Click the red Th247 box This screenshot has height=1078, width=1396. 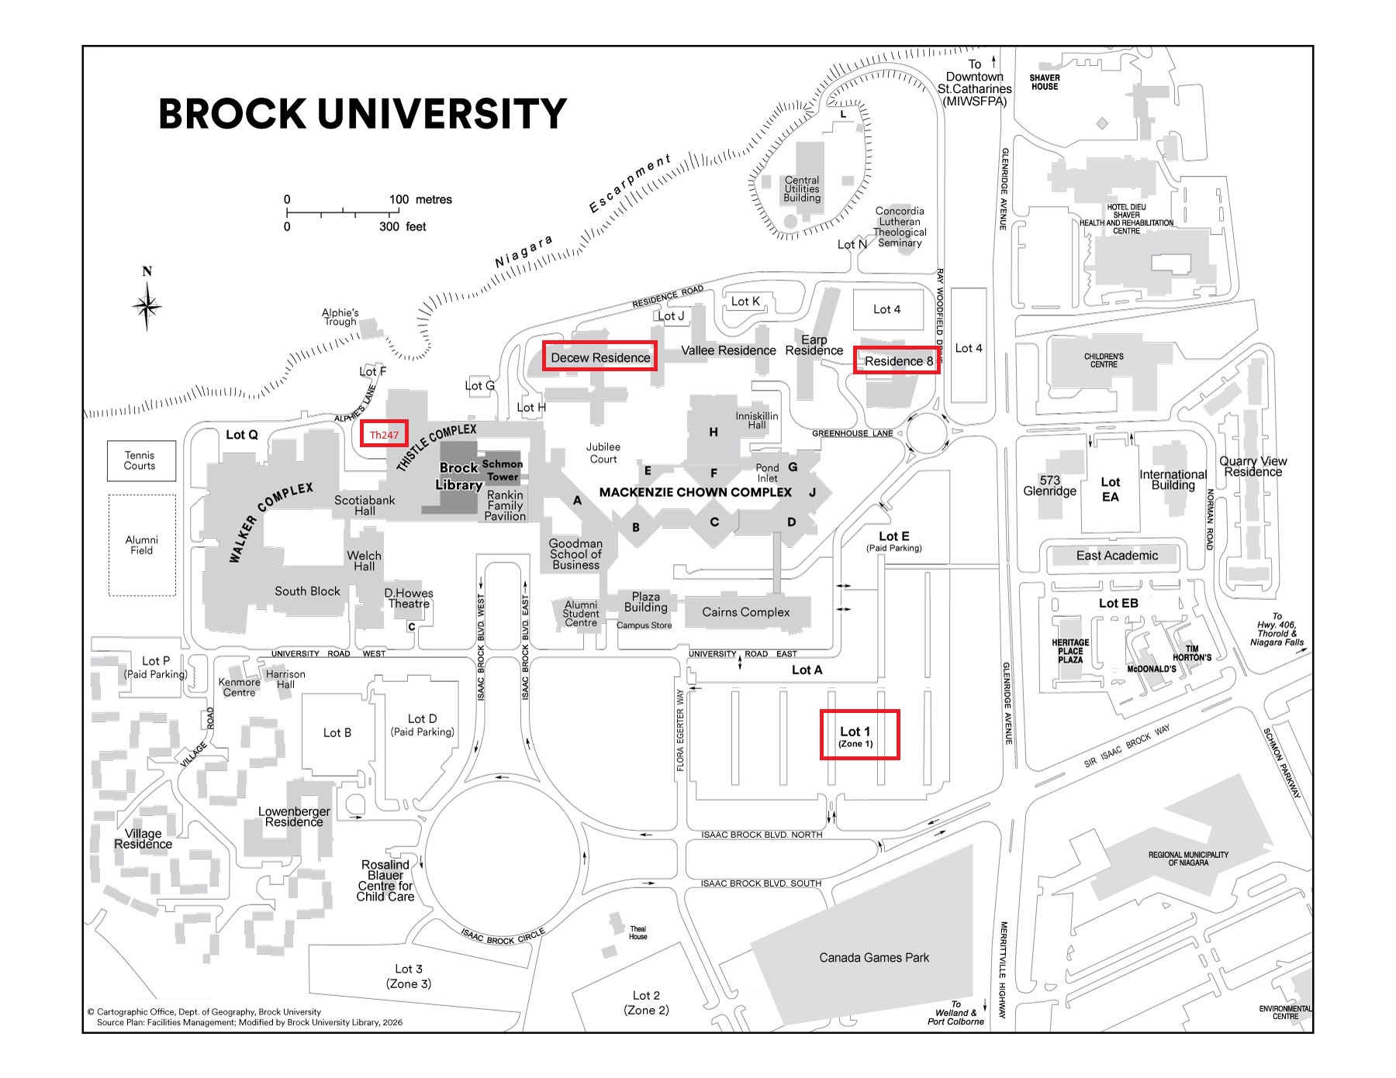384,434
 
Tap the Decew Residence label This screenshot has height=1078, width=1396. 600,357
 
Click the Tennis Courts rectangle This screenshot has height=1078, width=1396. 141,460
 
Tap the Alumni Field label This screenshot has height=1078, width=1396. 141,545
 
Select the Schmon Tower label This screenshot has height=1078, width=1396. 503,470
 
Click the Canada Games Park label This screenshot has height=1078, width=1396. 874,957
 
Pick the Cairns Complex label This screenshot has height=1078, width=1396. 746,611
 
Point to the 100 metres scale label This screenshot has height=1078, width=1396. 420,199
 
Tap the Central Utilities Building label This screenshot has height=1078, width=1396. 802,188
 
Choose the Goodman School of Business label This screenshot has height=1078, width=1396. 575,554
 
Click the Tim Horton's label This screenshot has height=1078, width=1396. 1192,653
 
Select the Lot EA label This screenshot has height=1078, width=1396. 1111,489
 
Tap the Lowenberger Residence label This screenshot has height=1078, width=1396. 294,817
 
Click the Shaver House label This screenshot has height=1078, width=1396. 1045,82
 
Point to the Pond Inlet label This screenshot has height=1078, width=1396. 767,473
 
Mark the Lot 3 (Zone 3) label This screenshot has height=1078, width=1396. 409,976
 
